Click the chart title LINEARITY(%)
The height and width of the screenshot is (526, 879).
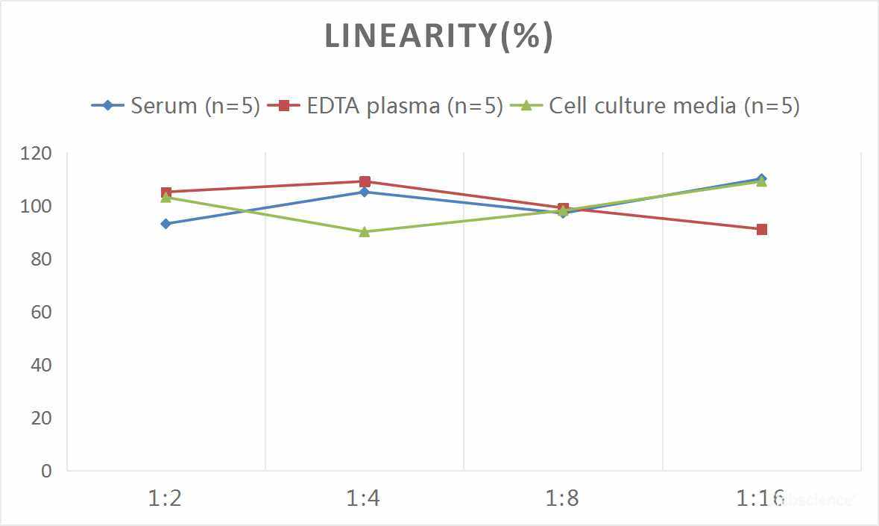[438, 37]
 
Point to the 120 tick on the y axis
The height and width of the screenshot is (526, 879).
[37, 154]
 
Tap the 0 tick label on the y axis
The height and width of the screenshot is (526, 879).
[46, 472]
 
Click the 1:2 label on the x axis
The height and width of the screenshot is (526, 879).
[166, 498]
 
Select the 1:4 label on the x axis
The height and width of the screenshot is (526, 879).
[364, 498]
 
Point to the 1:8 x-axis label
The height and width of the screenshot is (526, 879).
[563, 498]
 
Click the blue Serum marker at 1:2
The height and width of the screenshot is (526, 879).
[166, 224]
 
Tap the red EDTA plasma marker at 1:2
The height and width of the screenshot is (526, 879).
[166, 192]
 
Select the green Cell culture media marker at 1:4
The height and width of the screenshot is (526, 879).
[365, 232]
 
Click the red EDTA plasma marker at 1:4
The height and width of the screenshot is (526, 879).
[365, 181]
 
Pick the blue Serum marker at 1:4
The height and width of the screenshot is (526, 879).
[365, 192]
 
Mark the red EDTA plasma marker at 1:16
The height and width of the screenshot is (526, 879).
[761, 229]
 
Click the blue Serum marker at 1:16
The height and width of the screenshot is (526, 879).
[761, 178]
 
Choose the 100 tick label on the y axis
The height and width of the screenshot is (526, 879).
[37, 207]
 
